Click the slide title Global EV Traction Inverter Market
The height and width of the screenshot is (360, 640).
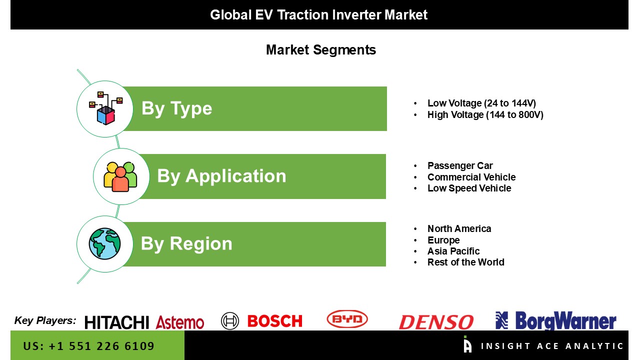point(318,14)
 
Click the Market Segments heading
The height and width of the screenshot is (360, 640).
point(320,50)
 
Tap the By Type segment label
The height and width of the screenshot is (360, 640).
point(176,108)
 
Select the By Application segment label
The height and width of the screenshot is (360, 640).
point(221,176)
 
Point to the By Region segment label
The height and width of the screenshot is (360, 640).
point(186,243)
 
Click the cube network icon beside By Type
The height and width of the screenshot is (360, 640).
point(105,108)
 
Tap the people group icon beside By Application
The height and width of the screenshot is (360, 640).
point(120,176)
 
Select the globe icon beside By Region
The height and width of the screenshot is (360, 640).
point(104,243)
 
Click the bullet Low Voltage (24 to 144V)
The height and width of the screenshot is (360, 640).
point(481,103)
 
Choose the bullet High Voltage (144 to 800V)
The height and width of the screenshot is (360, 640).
point(485,114)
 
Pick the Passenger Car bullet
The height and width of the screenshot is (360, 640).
point(459,165)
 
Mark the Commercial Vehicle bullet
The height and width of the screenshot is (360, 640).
point(471,177)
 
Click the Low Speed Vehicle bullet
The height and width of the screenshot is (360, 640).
point(469,188)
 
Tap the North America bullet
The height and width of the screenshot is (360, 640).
point(459,228)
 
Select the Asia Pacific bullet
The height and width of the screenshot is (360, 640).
point(453,251)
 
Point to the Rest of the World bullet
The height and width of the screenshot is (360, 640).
point(465,262)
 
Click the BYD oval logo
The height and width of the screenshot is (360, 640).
point(347,319)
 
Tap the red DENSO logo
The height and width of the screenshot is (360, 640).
point(435,322)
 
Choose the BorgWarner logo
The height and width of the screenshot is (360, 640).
point(555,321)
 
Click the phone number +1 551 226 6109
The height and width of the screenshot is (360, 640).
point(88,346)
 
